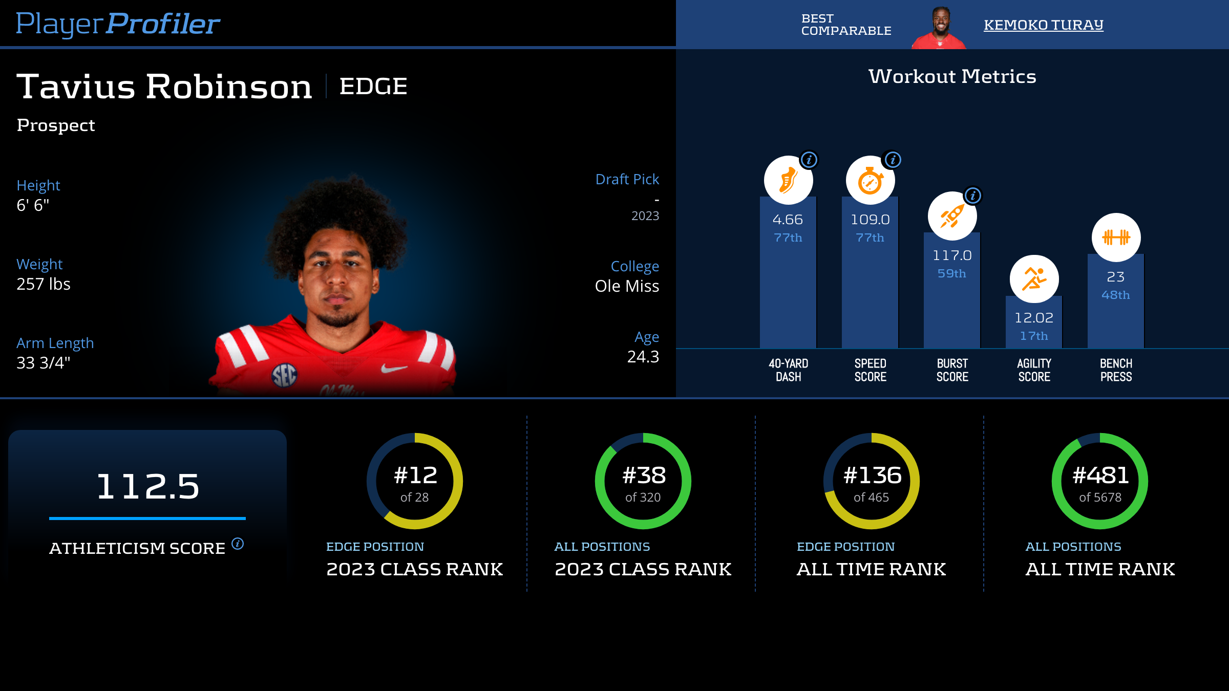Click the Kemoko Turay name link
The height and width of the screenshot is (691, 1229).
(1043, 25)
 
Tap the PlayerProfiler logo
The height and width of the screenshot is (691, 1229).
(118, 24)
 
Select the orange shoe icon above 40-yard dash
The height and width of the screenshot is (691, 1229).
(788, 181)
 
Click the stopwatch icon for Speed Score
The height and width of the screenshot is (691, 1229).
(870, 181)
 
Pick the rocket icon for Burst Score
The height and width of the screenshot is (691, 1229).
(952, 217)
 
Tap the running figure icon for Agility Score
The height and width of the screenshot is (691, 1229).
(1034, 279)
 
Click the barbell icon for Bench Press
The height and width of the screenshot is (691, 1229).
(1116, 237)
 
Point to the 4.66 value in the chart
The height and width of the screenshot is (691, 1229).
(788, 220)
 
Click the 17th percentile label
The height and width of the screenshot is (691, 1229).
(1034, 336)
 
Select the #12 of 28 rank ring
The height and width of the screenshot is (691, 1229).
(415, 481)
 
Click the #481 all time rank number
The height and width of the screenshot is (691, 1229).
(1100, 476)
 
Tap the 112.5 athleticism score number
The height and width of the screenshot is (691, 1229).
(147, 486)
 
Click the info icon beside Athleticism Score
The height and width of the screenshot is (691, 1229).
(238, 544)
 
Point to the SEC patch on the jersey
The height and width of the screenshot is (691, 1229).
(284, 375)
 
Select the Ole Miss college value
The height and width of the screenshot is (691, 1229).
(627, 286)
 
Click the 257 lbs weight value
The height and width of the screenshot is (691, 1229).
(44, 284)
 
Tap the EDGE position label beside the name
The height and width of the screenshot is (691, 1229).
(373, 86)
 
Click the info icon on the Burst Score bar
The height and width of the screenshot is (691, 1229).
(972, 196)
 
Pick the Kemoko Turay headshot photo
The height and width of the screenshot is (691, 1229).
(940, 28)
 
